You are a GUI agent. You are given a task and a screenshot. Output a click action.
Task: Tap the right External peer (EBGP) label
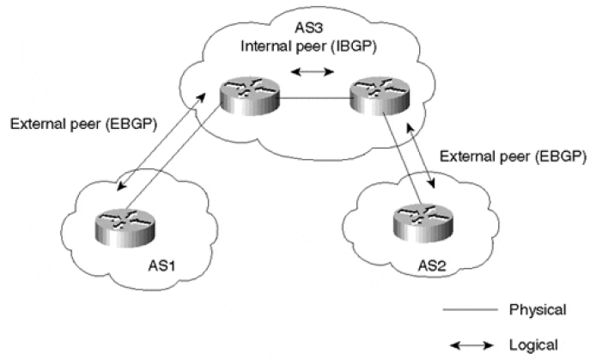click(x=513, y=157)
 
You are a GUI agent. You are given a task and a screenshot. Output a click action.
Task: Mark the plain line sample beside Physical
click(x=474, y=307)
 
